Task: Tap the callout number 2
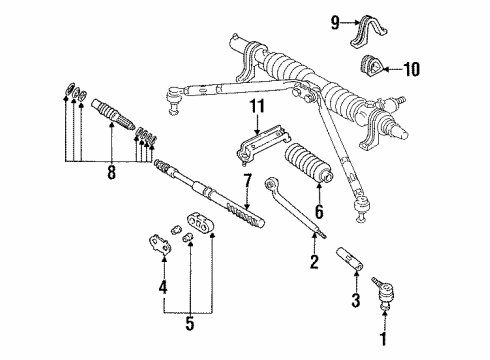click(x=313, y=262)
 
